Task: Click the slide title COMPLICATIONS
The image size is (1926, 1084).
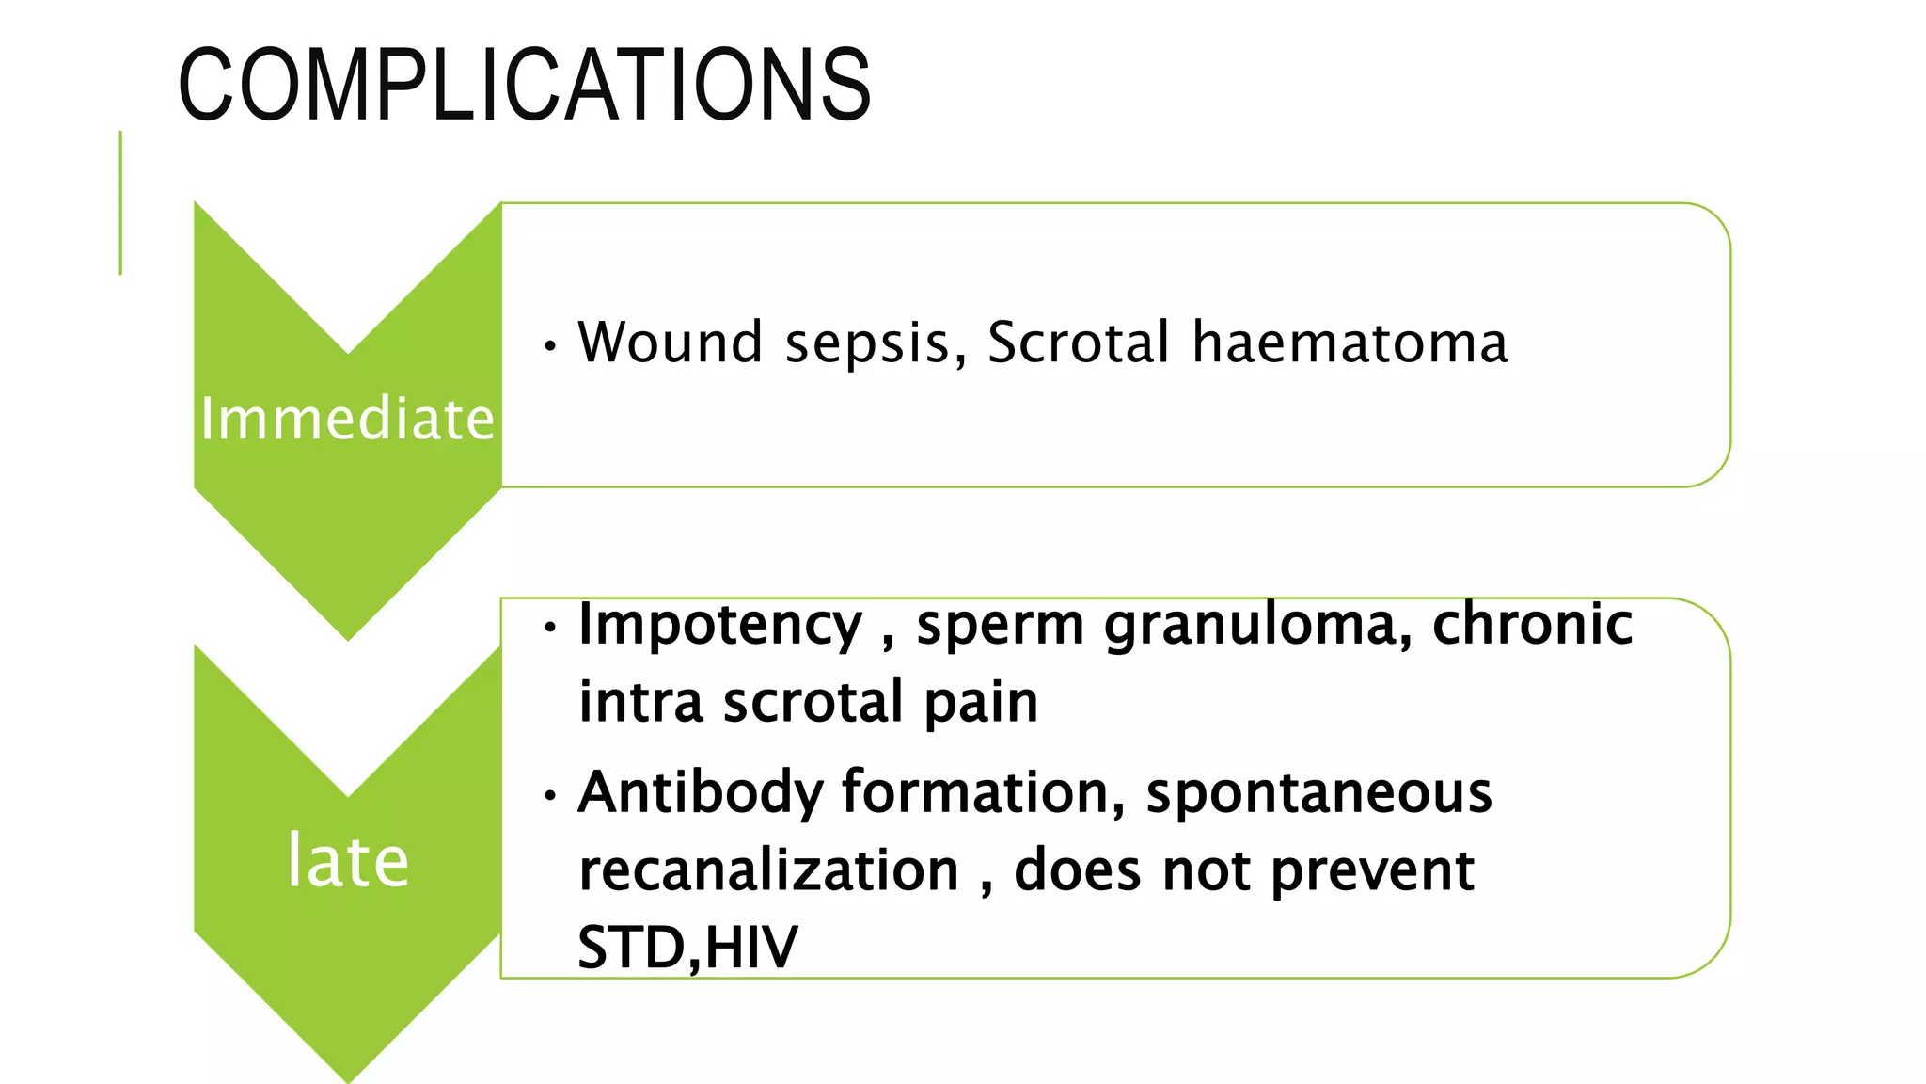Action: tap(525, 87)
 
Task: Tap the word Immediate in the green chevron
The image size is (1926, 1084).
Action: tap(347, 419)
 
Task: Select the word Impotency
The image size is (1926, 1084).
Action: tap(719, 626)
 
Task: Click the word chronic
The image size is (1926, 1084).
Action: tap(1532, 624)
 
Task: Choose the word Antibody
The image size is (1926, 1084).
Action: tap(700, 793)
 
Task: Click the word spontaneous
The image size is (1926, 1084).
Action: tap(1318, 793)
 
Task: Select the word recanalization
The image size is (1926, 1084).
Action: tap(768, 870)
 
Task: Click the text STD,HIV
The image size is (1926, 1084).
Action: tap(687, 948)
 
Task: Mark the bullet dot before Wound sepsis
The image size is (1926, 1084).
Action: tap(550, 346)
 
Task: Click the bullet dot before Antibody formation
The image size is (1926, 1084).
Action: tap(550, 796)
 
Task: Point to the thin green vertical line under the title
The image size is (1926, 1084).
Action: tap(120, 202)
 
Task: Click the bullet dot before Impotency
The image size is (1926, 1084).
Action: tap(550, 627)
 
